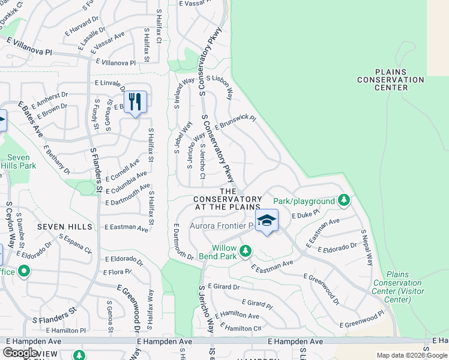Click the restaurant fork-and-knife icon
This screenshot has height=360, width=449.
click(x=135, y=101)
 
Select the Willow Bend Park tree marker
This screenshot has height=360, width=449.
click(x=245, y=251)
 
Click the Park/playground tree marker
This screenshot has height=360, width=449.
click(x=343, y=200)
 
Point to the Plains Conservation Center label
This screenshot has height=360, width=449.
click(x=391, y=79)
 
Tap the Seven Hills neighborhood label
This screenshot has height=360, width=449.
click(x=65, y=226)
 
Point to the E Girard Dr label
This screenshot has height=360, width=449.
click(x=223, y=287)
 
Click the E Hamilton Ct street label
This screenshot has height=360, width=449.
click(x=241, y=328)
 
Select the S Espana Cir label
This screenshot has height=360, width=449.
click(x=75, y=243)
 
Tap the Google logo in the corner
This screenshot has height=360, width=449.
click(x=20, y=352)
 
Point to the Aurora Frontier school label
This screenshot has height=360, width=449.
click(x=223, y=226)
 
